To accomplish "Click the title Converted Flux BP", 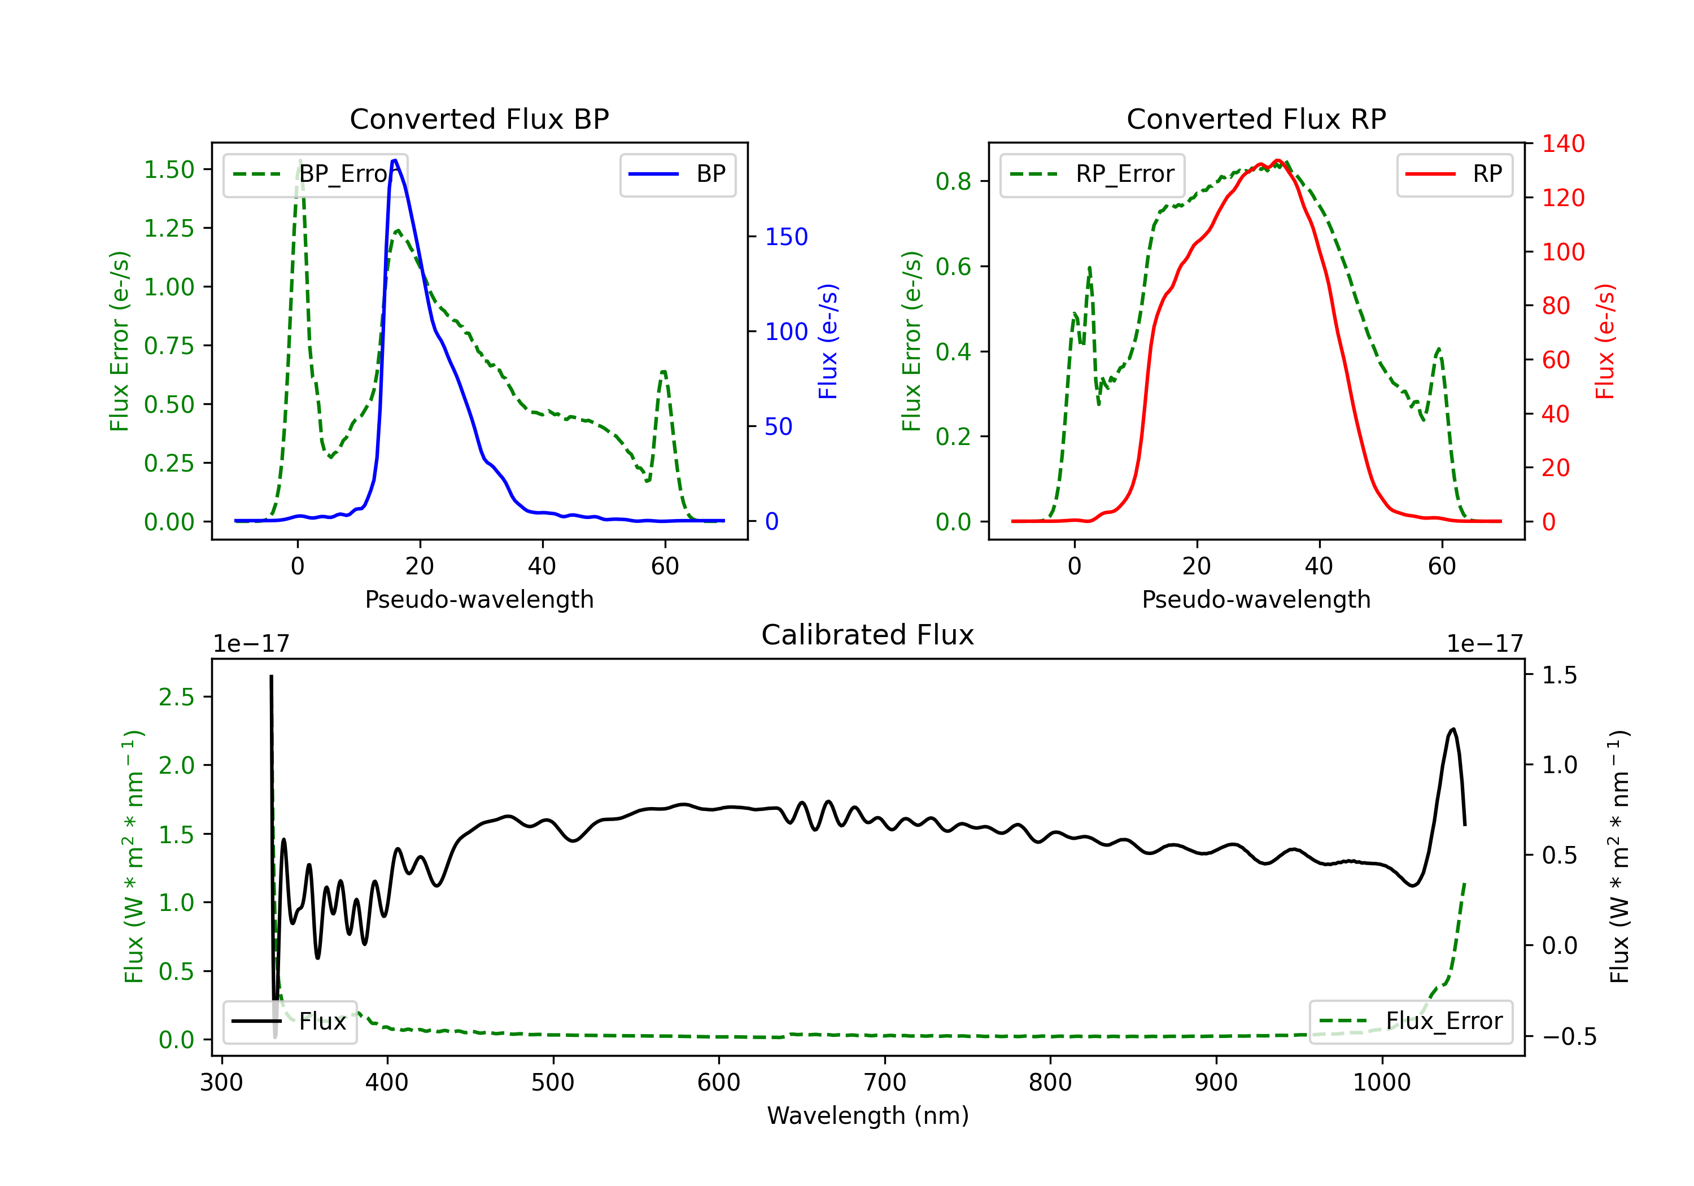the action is pyautogui.click(x=479, y=119).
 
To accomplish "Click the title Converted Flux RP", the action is pyautogui.click(x=1256, y=119).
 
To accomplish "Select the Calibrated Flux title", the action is pyautogui.click(x=868, y=635).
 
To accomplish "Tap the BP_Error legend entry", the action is pyautogui.click(x=315, y=174).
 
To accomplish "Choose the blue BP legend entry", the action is pyautogui.click(x=677, y=174).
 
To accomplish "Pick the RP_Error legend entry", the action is pyautogui.click(x=1092, y=174).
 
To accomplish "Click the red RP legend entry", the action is pyautogui.click(x=1454, y=174).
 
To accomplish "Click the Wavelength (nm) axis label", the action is pyautogui.click(x=868, y=1115).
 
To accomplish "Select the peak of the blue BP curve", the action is pyautogui.click(x=395, y=160).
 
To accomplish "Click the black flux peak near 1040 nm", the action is pyautogui.click(x=1453, y=729).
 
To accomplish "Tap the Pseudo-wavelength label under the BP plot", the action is pyautogui.click(x=479, y=599).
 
